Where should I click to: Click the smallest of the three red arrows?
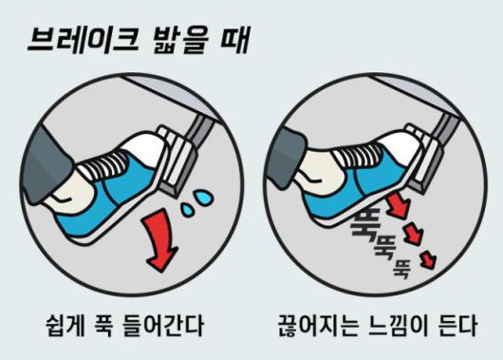tap(431, 254)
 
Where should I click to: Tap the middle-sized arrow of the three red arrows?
tap(415, 232)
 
